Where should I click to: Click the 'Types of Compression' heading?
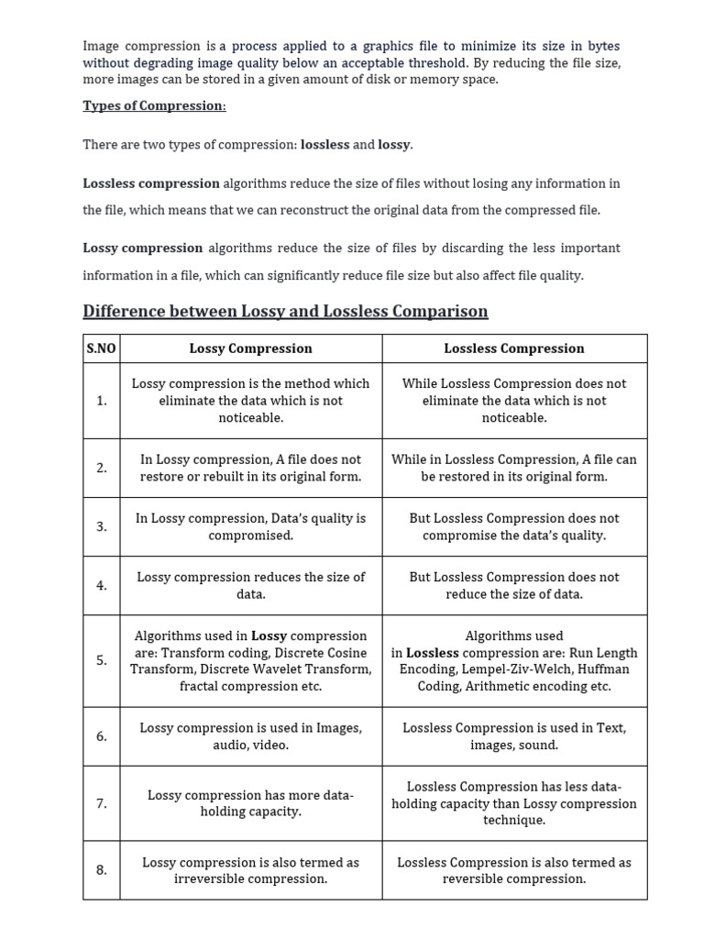tap(154, 105)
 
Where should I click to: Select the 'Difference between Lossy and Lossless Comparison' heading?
tap(285, 311)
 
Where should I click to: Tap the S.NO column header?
tap(101, 348)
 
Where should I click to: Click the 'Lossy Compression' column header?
tap(250, 348)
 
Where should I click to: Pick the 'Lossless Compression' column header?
tap(513, 348)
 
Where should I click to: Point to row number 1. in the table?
tap(101, 401)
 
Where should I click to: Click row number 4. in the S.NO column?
tap(101, 585)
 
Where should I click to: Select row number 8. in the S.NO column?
tap(101, 870)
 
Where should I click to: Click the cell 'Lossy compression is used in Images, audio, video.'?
tap(250, 736)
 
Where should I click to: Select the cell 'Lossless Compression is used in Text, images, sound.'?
tap(513, 736)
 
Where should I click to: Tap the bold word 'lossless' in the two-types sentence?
tap(324, 145)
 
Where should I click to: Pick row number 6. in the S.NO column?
tap(101, 736)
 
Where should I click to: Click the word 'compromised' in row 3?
tap(250, 536)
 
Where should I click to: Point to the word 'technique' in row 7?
tap(513, 820)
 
